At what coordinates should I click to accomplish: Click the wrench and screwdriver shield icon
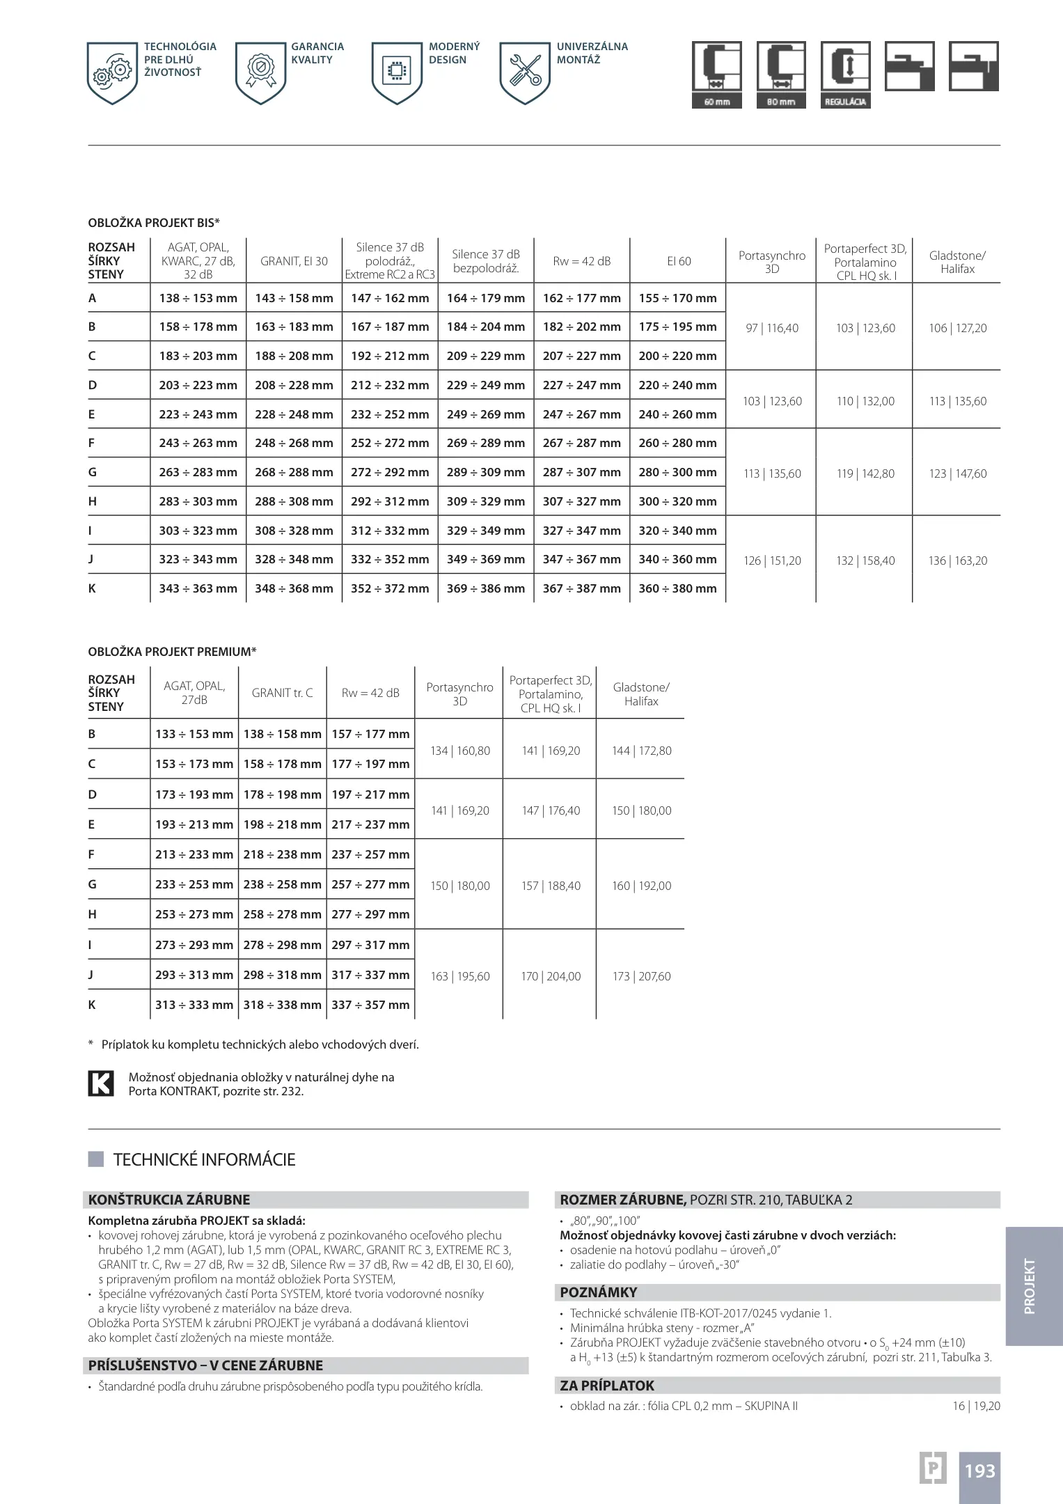525,72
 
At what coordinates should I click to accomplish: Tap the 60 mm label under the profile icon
716,102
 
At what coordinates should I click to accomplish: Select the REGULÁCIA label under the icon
845,102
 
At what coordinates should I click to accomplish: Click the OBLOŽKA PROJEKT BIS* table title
154,223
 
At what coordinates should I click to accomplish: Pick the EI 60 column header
678,261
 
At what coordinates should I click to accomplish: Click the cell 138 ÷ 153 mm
198,298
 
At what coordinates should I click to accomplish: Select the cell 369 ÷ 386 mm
485,588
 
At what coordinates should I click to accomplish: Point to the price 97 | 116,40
771,328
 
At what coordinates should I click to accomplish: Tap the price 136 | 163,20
957,561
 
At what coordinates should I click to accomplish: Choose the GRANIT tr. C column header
282,693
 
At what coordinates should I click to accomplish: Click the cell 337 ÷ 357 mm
370,1005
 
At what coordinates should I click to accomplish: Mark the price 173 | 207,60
641,976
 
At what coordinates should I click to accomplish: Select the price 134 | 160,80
459,751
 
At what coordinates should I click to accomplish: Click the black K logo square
101,1083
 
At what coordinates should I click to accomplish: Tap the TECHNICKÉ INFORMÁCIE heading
204,1159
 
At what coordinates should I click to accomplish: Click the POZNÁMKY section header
599,1292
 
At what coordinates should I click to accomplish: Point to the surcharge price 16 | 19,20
976,1406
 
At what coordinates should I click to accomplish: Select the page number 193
979,1471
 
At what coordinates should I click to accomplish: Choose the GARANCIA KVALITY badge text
317,53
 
